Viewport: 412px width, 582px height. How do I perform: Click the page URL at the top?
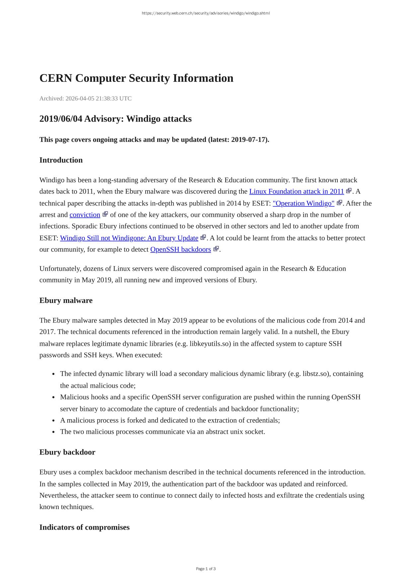point(206,13)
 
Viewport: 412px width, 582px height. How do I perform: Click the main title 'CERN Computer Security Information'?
point(136,78)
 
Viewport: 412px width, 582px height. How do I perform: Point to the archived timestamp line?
point(85,98)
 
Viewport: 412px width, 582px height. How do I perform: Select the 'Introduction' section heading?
point(61,160)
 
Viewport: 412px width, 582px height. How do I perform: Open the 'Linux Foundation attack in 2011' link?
point(296,192)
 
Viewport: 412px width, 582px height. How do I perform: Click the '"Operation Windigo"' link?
point(303,203)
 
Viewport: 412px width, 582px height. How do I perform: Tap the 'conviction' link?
point(85,215)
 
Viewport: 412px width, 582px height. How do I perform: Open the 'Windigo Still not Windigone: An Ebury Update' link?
point(129,238)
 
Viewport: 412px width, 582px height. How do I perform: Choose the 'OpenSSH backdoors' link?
point(180,250)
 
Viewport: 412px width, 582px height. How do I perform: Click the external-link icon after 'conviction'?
point(105,214)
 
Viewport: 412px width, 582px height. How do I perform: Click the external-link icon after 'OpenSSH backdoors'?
point(216,249)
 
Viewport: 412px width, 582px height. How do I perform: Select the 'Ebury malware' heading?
point(66,301)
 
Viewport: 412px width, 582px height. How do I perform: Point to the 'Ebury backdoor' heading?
point(67,452)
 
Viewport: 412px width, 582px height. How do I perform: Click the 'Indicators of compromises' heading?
point(84,527)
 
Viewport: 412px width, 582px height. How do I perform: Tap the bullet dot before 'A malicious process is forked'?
point(53,421)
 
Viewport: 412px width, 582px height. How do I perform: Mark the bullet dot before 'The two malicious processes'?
point(53,432)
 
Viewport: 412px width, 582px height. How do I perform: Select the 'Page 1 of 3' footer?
point(206,569)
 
